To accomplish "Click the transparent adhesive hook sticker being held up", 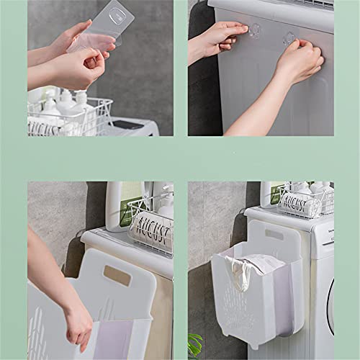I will point(115,22).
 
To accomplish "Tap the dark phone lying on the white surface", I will point(128,125).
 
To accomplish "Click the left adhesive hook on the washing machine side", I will point(254,30).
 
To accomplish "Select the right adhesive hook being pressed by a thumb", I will point(288,37).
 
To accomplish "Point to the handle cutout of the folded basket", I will point(117,274).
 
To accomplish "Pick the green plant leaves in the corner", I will point(194,344).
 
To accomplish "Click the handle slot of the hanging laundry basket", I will point(274,234).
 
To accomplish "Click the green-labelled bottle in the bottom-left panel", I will point(120,204).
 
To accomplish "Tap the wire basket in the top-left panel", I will point(68,119).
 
